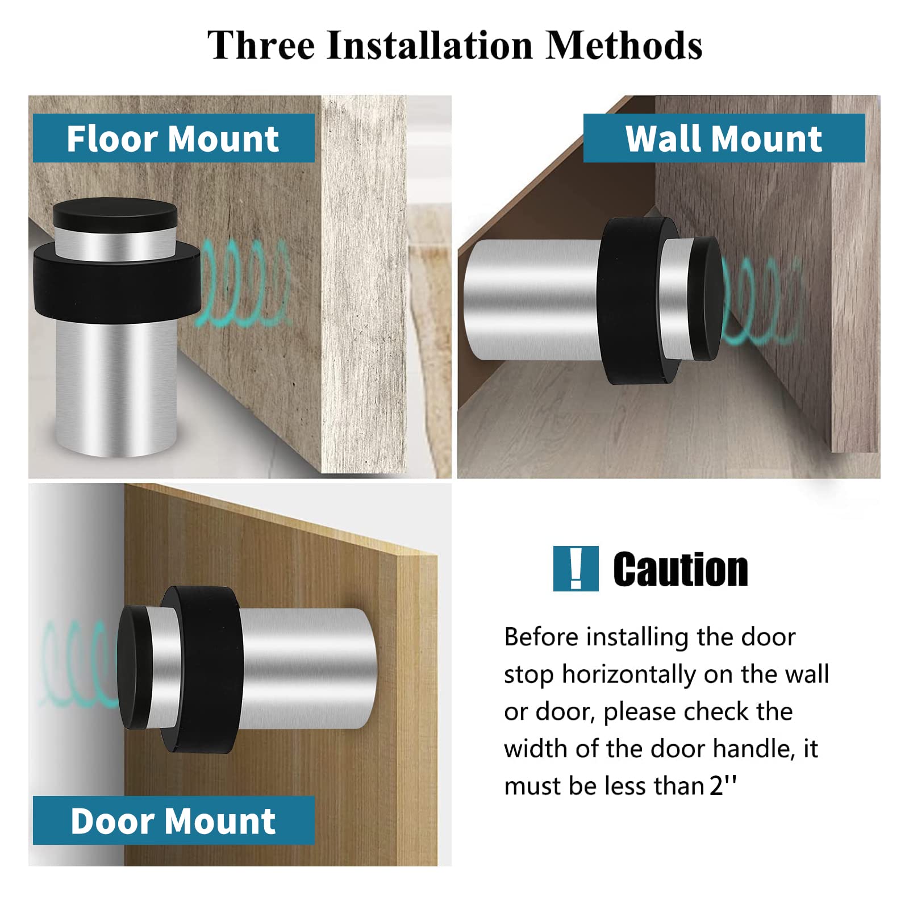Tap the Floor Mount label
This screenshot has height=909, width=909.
(173, 139)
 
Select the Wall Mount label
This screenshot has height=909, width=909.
(723, 139)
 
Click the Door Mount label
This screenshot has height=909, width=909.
(173, 821)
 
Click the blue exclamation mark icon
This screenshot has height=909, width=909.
(576, 569)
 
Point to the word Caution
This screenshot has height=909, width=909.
(680, 569)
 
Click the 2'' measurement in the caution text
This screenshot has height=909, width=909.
(723, 786)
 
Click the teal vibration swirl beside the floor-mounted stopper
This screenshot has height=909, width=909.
(244, 284)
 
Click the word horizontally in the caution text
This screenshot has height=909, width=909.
(628, 674)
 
